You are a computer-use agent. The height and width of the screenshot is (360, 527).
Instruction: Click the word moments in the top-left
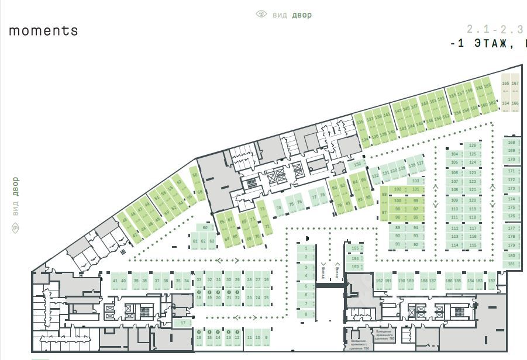pos(43,30)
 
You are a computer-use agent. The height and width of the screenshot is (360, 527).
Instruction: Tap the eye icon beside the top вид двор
pos(261,14)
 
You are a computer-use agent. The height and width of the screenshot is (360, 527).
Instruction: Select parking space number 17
pos(183,323)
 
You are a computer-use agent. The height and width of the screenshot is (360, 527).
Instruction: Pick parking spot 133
pos(357,164)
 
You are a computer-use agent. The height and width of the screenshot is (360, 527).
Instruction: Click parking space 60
pos(205,227)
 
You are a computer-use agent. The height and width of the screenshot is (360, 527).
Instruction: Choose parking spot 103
pos(415,181)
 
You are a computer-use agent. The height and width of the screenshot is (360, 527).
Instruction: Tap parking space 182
pos(491,281)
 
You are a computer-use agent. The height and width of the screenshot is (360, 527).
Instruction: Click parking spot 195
pos(355,248)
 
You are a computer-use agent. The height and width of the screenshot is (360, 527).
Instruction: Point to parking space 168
pos(511,142)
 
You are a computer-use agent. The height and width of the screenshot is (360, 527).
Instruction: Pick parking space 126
pos(473,145)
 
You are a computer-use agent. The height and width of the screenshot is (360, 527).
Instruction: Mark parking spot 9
pos(266,338)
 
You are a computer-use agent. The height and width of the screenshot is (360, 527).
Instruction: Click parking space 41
pos(115,281)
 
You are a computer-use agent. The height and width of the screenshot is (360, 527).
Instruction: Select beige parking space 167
pos(515,84)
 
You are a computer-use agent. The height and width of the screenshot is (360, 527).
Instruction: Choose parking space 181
pos(511,264)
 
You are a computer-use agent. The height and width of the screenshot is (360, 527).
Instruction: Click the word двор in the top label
pos(302,15)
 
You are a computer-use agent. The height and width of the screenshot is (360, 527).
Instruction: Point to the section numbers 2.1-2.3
pos(495,29)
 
